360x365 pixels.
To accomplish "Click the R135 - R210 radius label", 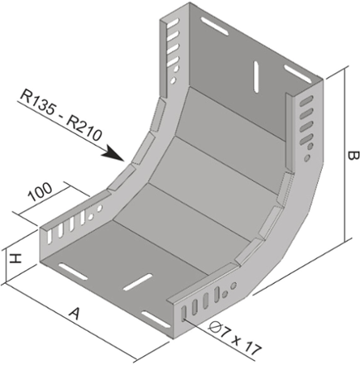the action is (62, 116).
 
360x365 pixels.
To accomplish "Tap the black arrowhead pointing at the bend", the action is (114, 153).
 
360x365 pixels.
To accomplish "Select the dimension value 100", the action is (41, 192).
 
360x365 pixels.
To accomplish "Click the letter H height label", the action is (15, 259).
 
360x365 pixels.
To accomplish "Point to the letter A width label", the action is (74, 314).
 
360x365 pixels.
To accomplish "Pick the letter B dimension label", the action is (353, 156).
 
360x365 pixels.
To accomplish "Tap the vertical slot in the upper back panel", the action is (256, 76).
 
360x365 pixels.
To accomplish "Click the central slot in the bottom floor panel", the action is (138, 282).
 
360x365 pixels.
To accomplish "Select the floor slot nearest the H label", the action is (73, 271).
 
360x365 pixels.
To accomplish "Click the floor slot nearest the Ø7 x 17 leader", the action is (156, 320).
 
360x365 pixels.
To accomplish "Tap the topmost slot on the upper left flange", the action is (173, 22).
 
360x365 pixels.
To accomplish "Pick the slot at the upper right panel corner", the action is (298, 74).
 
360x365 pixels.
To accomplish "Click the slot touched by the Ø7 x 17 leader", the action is (184, 314).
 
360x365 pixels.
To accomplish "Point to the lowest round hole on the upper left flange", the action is (173, 80).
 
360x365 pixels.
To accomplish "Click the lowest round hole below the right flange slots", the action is (307, 158).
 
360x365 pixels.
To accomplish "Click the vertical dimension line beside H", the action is (6, 266).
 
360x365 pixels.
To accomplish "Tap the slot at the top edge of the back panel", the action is (215, 26).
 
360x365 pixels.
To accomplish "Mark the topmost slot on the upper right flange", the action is (306, 101).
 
